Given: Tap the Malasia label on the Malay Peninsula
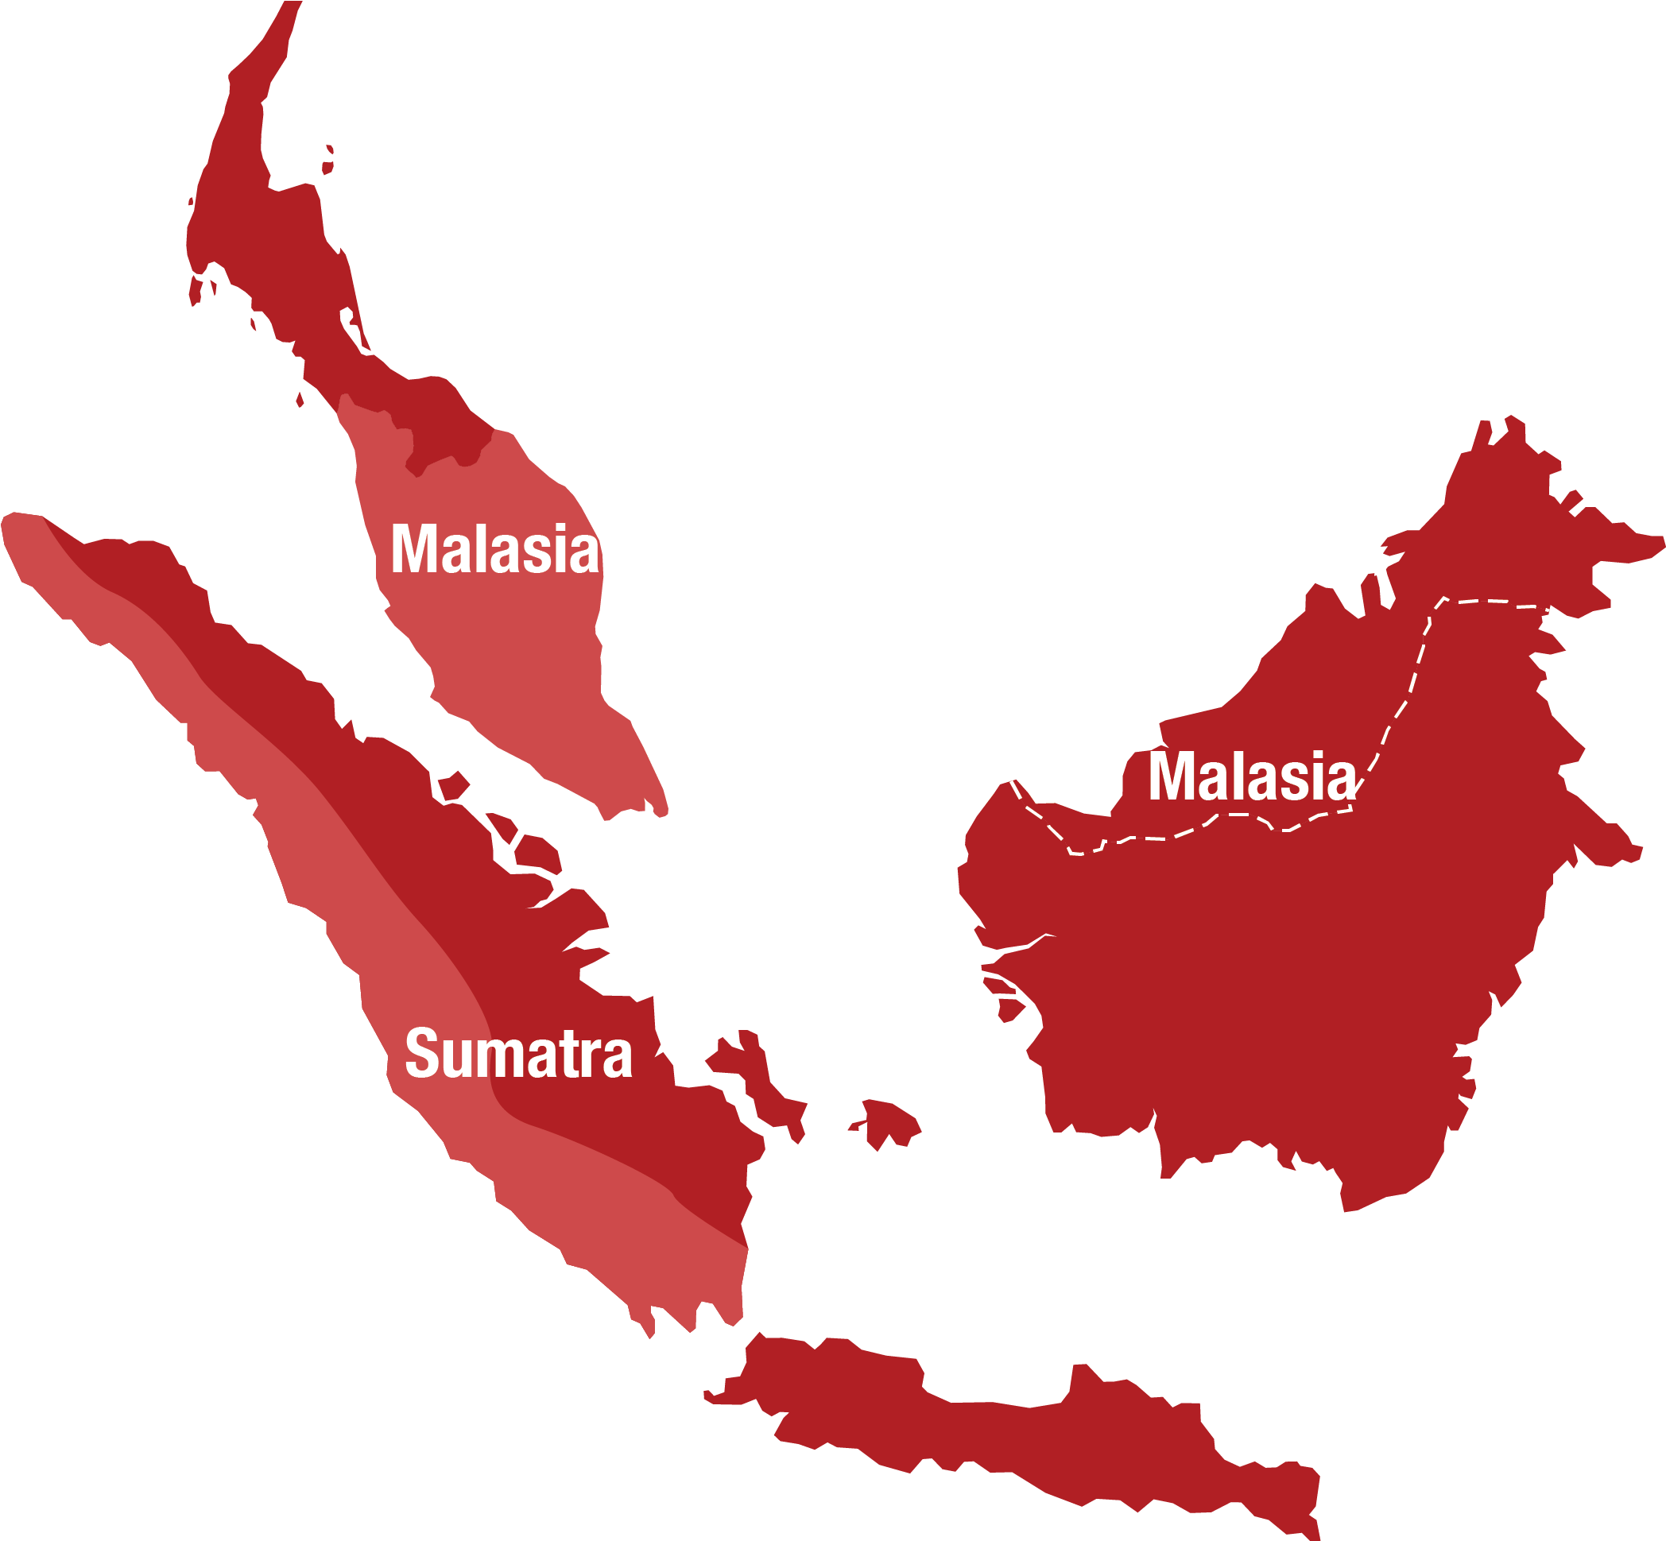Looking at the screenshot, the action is click(494, 549).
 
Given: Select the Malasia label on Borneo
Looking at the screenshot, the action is click(1252, 776).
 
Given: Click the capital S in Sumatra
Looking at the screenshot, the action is click(422, 1054).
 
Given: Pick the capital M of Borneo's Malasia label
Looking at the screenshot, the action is click(1171, 776).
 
